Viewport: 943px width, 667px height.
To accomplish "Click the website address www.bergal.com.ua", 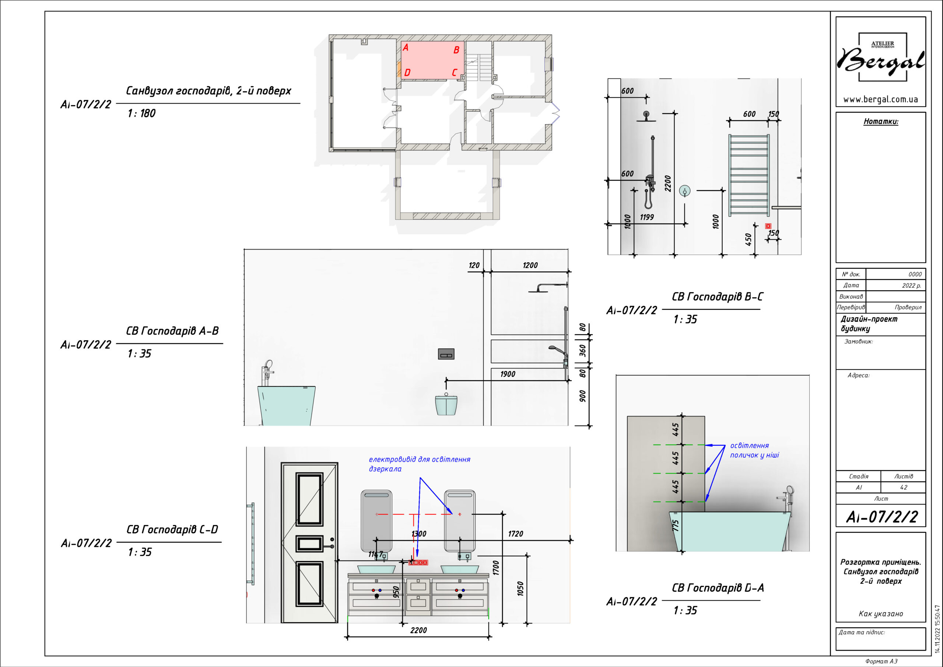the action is [x=880, y=99].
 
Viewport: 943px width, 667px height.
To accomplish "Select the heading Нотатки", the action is [x=881, y=121].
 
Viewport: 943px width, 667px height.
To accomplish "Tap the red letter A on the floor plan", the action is [x=405, y=48].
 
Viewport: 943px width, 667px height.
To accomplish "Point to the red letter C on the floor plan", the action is [x=454, y=73].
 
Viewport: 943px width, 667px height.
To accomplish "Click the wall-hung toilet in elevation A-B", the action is [x=446, y=404].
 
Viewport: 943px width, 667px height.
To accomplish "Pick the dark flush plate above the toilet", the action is [x=446, y=354].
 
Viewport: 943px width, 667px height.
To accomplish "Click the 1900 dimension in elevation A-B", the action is [x=508, y=374].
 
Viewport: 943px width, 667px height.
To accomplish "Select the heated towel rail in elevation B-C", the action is [x=749, y=175].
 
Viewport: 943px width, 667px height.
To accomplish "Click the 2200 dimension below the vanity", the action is [x=418, y=630].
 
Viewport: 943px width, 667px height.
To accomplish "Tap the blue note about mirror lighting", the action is [x=419, y=464].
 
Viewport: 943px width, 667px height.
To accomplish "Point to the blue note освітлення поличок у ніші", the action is [x=754, y=450].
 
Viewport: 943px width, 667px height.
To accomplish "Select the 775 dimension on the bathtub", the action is [x=676, y=525].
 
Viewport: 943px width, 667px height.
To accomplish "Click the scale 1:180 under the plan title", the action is [x=141, y=113].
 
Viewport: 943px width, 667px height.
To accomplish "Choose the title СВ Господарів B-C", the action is [x=717, y=297].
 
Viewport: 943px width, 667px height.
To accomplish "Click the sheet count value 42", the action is [x=904, y=488].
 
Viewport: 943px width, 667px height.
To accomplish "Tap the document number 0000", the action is [x=915, y=274].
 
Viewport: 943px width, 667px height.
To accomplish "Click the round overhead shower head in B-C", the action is [x=646, y=116].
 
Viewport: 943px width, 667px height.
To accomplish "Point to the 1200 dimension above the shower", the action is [x=530, y=265].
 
